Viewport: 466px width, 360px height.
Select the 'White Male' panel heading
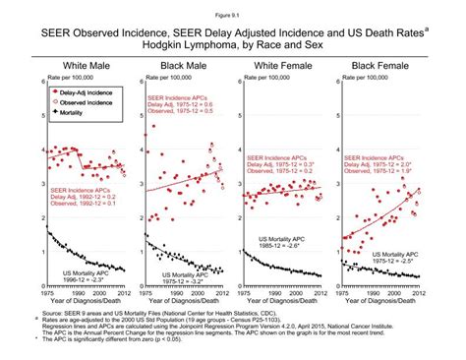[x=79, y=65]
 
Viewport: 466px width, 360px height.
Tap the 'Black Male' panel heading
[x=180, y=65]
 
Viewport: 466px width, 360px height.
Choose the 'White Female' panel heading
[x=283, y=65]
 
